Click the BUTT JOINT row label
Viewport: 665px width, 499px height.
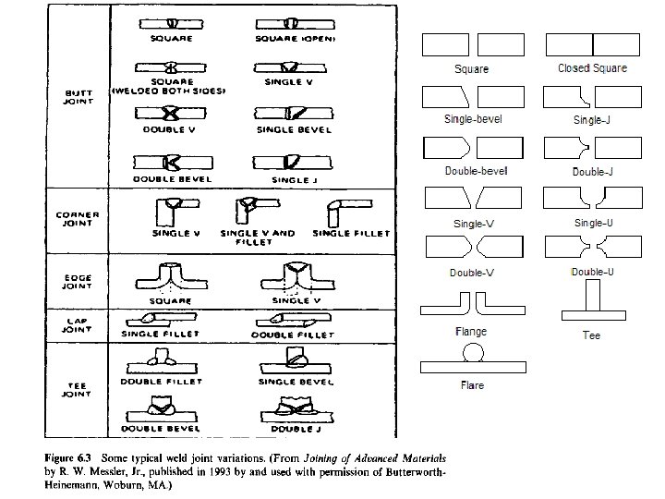[x=78, y=98]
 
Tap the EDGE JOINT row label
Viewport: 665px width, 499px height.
[x=78, y=279]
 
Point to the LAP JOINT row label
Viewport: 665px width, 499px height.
[x=78, y=323]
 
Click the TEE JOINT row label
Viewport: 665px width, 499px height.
[x=78, y=388]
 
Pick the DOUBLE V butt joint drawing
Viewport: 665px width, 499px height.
[x=172, y=113]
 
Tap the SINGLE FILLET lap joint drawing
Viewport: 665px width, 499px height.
[x=166, y=320]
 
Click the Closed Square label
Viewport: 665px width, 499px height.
[x=592, y=68]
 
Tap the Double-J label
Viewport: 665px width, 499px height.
[x=592, y=171]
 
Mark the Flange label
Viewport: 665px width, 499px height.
[x=470, y=331]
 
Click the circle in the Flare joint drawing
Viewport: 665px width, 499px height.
[x=473, y=352]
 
